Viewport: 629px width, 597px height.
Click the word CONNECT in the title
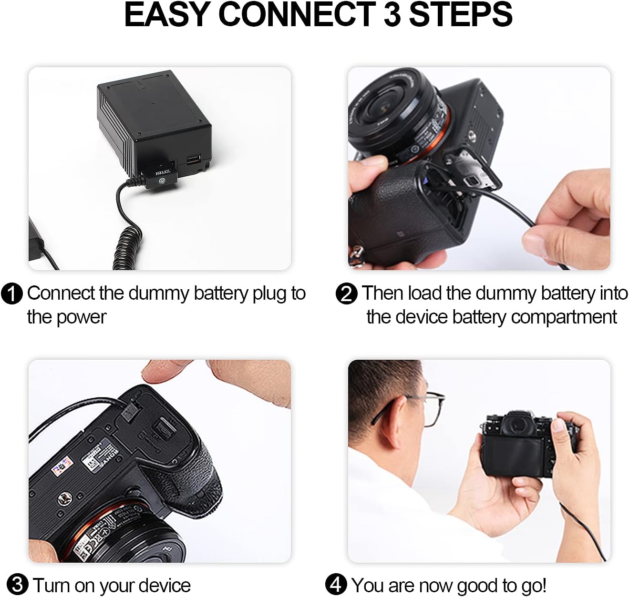click(x=297, y=15)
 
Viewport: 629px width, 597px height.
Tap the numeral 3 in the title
click(x=392, y=15)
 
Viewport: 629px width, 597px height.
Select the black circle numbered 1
click(x=12, y=293)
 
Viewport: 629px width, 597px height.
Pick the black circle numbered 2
click(x=346, y=293)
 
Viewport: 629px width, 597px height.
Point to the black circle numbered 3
click(x=18, y=584)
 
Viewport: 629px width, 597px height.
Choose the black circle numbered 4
click(x=336, y=584)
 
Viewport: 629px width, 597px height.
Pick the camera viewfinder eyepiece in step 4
click(x=519, y=424)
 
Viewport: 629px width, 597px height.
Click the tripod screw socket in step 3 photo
click(x=65, y=498)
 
